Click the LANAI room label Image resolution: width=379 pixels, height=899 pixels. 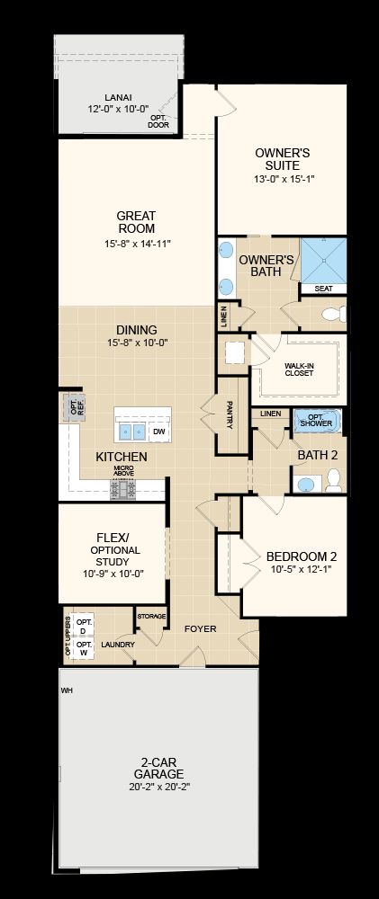click(117, 97)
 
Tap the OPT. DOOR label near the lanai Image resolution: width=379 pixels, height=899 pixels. click(158, 121)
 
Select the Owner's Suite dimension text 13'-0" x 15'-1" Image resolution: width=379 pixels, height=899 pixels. click(284, 179)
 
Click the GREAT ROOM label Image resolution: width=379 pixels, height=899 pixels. click(136, 222)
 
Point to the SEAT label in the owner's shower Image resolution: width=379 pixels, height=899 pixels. click(323, 289)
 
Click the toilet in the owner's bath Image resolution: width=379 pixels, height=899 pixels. click(334, 314)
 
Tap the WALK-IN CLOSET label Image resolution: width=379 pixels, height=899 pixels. click(299, 369)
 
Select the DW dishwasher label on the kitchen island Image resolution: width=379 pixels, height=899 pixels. click(158, 432)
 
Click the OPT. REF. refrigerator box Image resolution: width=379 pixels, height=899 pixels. click(74, 407)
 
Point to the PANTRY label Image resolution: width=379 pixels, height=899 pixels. click(230, 414)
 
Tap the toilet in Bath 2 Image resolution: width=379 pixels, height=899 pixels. click(334, 480)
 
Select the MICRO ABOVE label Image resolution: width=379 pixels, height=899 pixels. click(123, 471)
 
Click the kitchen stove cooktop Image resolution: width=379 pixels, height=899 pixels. click(123, 489)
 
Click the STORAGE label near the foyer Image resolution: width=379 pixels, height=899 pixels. click(151, 617)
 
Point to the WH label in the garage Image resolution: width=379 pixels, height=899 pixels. click(68, 690)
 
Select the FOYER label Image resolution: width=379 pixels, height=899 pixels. click(201, 629)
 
